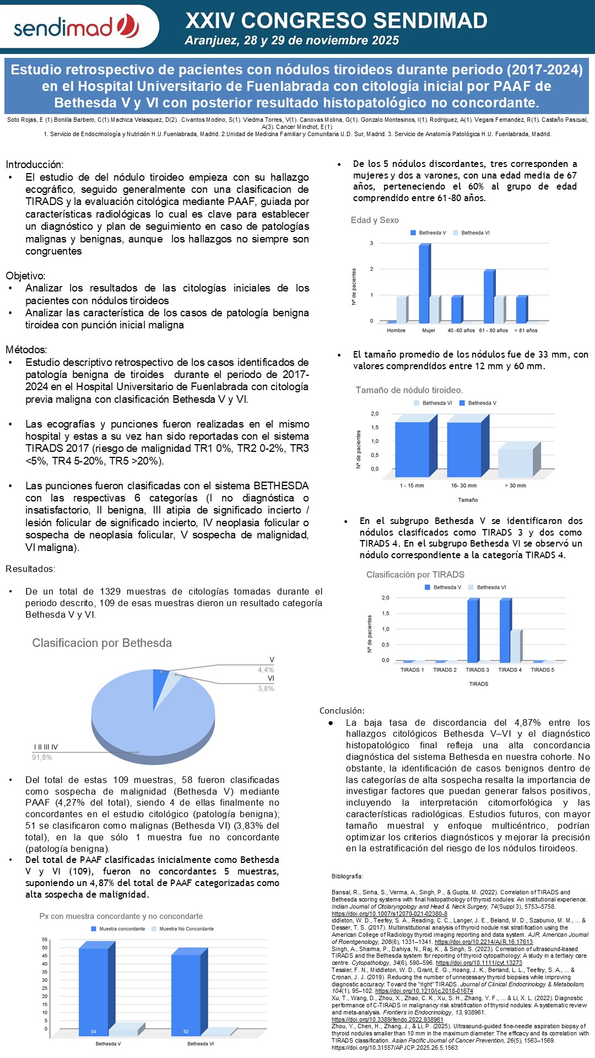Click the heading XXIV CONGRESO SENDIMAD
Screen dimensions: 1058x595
tap(336, 20)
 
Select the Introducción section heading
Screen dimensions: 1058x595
tap(34, 164)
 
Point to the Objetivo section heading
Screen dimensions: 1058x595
tap(25, 276)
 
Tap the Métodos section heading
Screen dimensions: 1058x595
tap(26, 349)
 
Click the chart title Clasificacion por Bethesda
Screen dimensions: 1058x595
tap(102, 643)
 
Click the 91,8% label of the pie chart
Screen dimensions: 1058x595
tap(42, 757)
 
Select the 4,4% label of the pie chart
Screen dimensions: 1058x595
tap(266, 670)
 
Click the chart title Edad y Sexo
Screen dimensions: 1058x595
tap(375, 220)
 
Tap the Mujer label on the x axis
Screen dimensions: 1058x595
tap(429, 331)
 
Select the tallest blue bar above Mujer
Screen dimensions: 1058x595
tap(424, 283)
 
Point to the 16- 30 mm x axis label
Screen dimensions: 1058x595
tap(464, 485)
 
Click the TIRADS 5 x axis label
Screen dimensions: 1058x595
tap(542, 670)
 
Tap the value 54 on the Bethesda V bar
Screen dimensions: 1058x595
tap(94, 1032)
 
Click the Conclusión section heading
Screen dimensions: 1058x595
tap(342, 710)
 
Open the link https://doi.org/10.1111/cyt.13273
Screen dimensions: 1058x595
tap(479, 963)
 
